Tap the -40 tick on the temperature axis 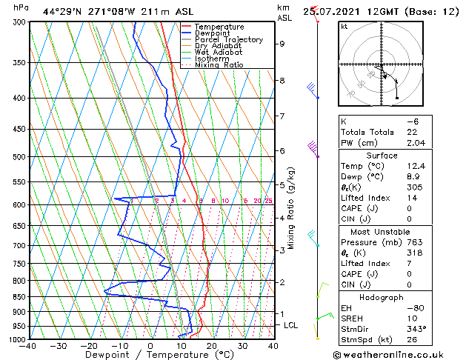[30, 346]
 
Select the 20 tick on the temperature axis [211, 346]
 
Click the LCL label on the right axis [292, 325]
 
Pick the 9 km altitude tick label [282, 44]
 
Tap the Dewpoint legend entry [213, 33]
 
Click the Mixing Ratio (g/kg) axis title [291, 208]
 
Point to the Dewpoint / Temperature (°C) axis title [151, 355]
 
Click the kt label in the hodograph [344, 27]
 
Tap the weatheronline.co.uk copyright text [398, 354]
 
